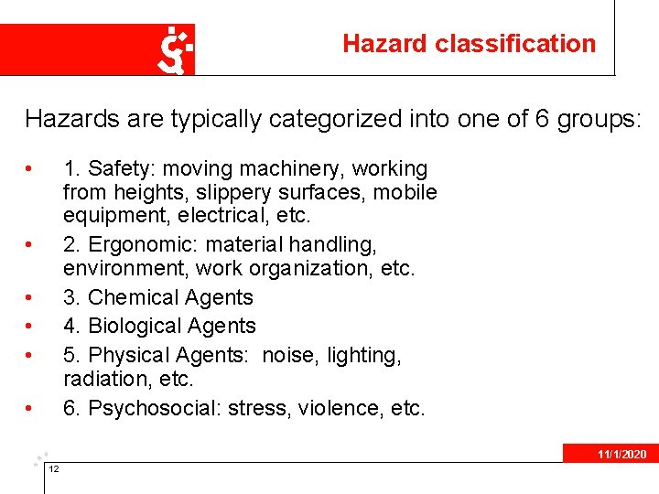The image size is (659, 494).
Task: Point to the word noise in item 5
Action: tap(286, 354)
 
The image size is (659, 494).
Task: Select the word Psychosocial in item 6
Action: tap(146, 407)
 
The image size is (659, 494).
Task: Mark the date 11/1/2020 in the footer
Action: tap(622, 454)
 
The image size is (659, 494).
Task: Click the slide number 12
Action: tap(54, 469)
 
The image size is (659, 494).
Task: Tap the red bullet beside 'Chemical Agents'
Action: tap(31, 298)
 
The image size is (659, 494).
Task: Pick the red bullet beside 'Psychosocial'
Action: tap(31, 408)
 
